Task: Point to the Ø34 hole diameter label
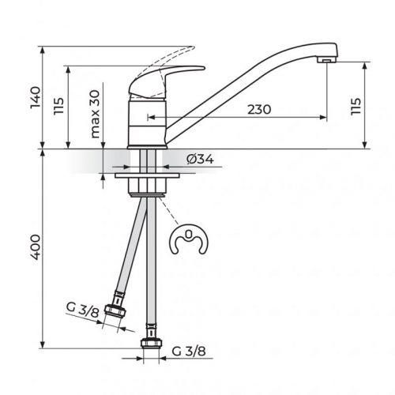[200, 160]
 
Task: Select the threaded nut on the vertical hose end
[148, 345]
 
